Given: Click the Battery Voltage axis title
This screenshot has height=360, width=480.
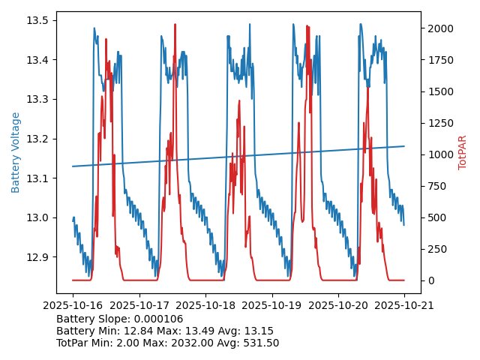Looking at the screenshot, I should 16,152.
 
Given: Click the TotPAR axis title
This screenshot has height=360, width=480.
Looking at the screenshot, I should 462,152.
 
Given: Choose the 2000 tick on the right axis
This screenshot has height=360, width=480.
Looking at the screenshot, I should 439,28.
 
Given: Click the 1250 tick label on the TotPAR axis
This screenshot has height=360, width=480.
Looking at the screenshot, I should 439,123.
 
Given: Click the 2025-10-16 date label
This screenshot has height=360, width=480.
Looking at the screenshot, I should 73,306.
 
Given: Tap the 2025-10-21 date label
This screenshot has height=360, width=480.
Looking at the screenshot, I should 404,306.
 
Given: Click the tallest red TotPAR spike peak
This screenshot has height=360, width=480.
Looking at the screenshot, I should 175,25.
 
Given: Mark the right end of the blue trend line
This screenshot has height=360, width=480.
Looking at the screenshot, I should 404,146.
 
